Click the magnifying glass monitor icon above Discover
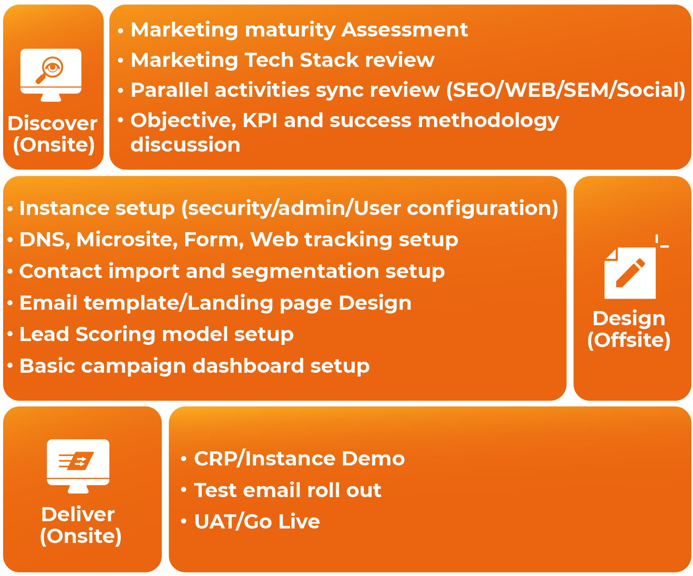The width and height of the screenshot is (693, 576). point(51,75)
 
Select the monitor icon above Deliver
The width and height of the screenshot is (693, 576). point(78,466)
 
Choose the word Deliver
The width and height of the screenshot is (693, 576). point(78,514)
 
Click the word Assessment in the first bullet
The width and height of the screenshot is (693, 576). point(405,30)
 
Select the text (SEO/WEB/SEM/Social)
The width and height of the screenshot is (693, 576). point(566,90)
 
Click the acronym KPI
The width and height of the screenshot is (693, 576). point(260,120)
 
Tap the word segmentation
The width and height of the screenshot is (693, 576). point(305,271)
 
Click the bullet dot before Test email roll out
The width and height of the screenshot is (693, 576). point(184,490)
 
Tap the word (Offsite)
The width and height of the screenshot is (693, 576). point(629,340)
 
